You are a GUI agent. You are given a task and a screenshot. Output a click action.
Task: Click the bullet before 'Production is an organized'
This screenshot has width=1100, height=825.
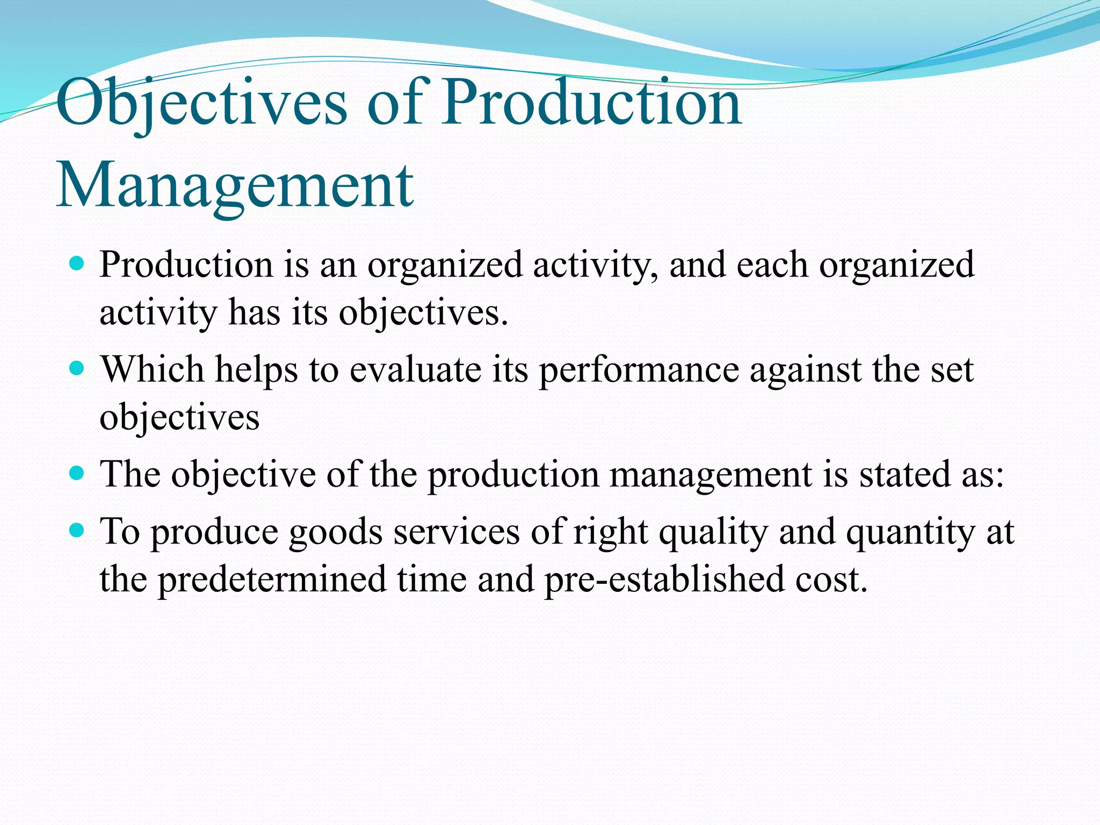[x=77, y=264]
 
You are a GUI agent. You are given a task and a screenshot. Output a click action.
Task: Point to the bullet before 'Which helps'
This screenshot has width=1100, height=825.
[x=77, y=368]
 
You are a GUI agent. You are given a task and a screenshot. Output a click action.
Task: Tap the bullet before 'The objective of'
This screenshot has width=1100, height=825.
[x=77, y=473]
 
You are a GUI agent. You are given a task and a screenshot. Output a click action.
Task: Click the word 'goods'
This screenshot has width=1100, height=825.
[x=336, y=532]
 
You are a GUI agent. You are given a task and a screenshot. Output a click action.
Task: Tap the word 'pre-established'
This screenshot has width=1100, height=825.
[x=664, y=579]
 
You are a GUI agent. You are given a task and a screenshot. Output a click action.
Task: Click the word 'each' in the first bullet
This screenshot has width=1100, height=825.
[x=772, y=265]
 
